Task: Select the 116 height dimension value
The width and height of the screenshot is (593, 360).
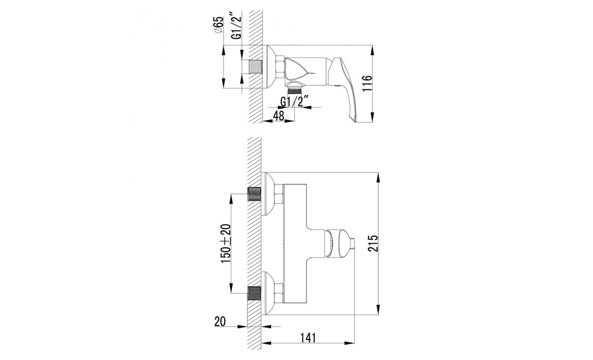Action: click(x=367, y=84)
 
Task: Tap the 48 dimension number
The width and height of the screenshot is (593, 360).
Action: click(x=279, y=116)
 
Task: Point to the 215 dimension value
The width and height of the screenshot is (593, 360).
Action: click(x=373, y=244)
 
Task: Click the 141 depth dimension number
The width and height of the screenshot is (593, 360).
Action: click(x=308, y=338)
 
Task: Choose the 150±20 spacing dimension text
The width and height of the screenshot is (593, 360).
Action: click(x=226, y=244)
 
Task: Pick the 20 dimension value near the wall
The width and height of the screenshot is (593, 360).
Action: click(x=220, y=321)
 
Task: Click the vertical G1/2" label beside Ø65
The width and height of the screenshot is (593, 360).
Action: click(x=237, y=25)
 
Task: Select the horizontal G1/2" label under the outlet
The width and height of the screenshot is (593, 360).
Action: click(x=295, y=102)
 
